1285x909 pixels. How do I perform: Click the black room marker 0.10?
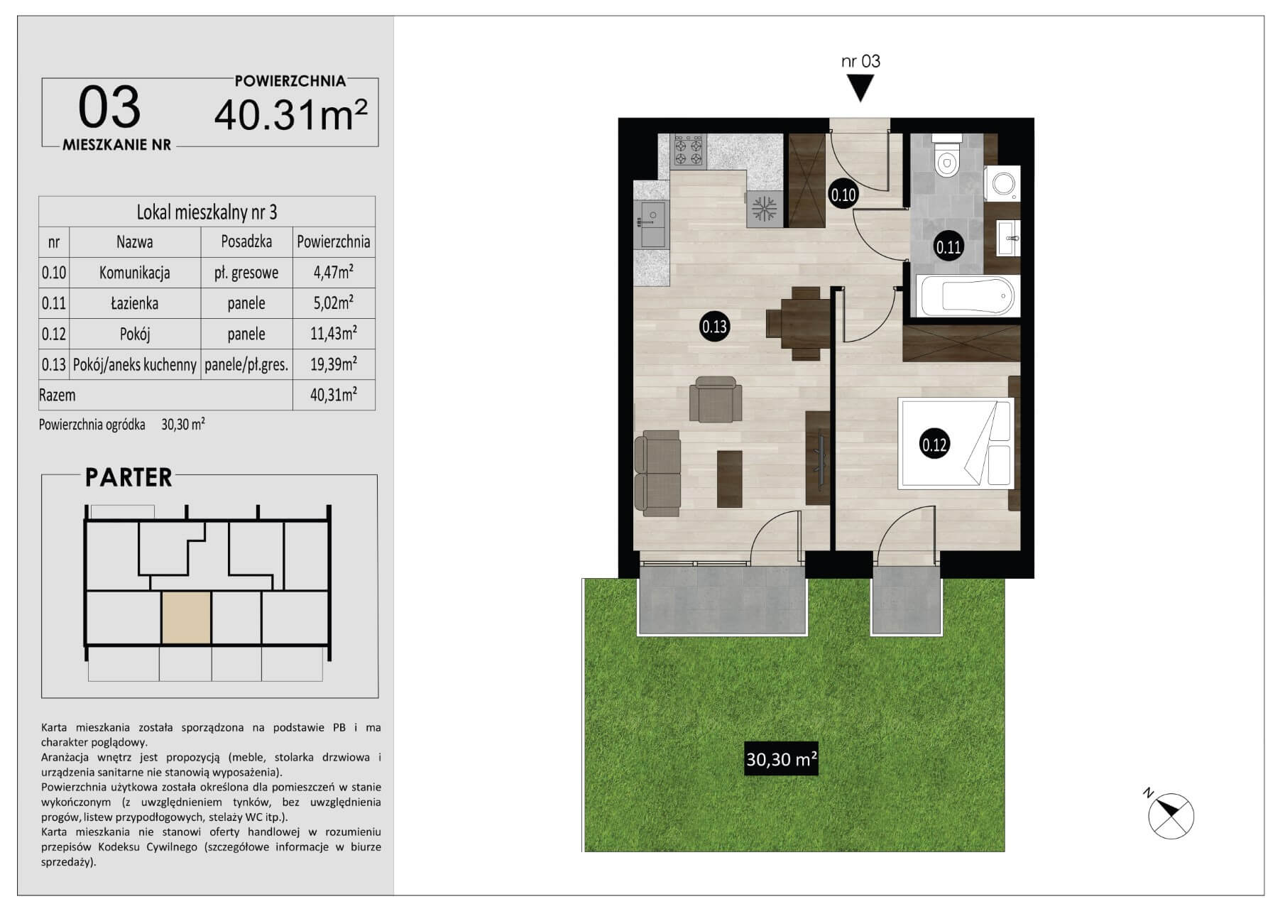coord(843,194)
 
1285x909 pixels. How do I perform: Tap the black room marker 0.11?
coord(948,247)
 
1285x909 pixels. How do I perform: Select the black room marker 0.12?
coord(934,445)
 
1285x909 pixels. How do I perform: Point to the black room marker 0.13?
coord(714,327)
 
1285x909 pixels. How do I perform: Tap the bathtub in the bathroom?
coord(966,295)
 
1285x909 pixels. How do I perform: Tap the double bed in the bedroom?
coord(955,444)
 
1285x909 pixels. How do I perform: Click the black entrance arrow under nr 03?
coord(860,88)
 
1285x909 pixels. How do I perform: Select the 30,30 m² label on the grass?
coord(781,759)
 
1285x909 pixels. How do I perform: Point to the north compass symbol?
coord(1170,815)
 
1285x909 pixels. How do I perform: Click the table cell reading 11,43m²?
coord(333,334)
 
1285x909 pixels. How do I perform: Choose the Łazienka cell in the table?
coord(134,303)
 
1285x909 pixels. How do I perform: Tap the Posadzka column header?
coord(246,241)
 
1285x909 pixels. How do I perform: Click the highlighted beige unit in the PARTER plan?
coord(187,618)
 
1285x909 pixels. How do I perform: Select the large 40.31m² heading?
coord(291,114)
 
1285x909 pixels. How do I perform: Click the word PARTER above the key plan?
coord(128,477)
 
